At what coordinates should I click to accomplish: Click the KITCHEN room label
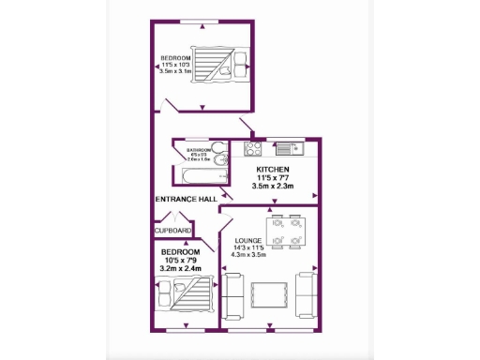(273, 169)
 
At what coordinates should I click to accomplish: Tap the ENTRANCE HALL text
(186, 199)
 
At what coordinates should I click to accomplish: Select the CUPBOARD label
(172, 230)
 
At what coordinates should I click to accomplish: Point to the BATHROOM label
(198, 150)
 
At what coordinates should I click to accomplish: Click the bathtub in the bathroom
(196, 173)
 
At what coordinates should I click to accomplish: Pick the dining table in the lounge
(281, 232)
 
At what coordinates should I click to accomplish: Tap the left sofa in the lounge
(233, 294)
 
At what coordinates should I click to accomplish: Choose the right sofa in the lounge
(307, 294)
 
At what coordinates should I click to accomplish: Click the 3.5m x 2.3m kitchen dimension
(273, 187)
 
